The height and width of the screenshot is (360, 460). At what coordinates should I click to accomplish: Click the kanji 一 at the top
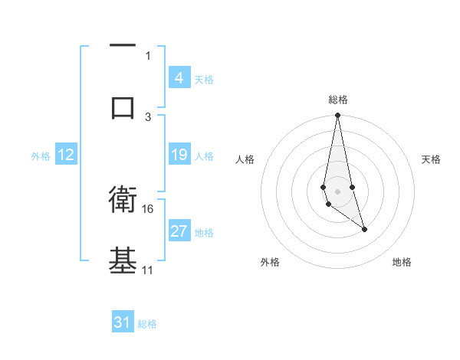(123, 45)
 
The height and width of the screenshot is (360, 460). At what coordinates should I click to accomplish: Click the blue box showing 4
(179, 78)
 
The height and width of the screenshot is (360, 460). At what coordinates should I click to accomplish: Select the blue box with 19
(179, 155)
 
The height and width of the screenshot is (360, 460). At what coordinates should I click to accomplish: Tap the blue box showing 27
(179, 231)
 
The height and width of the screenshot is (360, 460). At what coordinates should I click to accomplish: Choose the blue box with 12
(65, 155)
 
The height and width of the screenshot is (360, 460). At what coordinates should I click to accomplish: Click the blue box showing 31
(123, 322)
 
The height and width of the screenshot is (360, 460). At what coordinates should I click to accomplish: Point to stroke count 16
(148, 208)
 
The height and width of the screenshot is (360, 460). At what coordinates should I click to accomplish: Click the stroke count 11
(148, 270)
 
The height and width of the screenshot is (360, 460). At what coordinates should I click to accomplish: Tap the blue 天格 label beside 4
(204, 80)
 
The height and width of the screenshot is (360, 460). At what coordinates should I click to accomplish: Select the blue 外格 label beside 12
(41, 156)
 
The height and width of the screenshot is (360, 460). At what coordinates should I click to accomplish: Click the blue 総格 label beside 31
(147, 324)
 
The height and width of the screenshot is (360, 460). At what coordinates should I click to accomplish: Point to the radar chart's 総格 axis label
(338, 100)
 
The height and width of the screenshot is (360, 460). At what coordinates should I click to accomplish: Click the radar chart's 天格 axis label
(432, 159)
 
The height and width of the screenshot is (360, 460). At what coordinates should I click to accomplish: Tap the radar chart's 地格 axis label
(402, 262)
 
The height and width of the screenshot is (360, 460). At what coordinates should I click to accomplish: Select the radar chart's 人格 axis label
(245, 159)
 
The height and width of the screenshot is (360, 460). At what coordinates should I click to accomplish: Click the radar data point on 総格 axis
(337, 116)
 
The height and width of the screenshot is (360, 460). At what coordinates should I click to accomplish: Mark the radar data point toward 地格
(364, 229)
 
